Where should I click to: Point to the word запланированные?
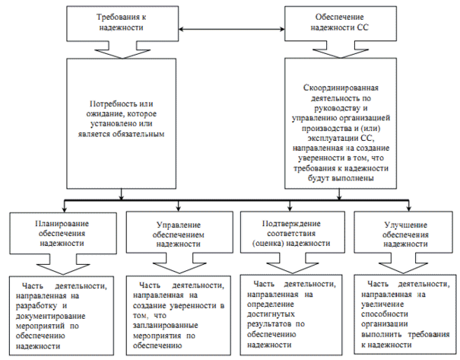pos(166,323)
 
